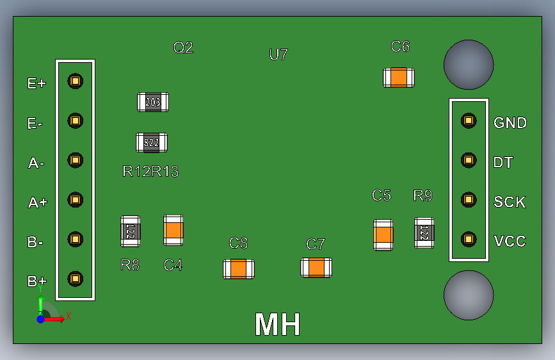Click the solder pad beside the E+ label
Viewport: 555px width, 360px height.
coord(76,81)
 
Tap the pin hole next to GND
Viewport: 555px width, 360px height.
coord(469,120)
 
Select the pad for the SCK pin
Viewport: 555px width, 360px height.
coord(469,199)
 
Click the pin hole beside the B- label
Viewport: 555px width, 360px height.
coord(76,239)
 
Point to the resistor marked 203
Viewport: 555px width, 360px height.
coord(153,102)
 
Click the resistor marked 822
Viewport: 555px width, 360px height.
coord(152,142)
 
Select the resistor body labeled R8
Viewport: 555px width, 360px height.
coord(130,231)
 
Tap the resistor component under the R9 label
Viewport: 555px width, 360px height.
coord(424,233)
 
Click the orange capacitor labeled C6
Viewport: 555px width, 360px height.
coord(399,78)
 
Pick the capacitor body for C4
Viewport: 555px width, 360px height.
coord(173,230)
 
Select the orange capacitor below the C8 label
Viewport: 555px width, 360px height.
coord(239,268)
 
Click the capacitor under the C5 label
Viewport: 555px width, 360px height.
coord(383,235)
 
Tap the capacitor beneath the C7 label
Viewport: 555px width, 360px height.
coord(316,267)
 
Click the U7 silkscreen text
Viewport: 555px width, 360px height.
coord(278,54)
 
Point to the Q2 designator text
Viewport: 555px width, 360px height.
coord(183,47)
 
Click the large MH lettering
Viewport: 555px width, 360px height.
coord(278,325)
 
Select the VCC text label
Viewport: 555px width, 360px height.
coord(510,241)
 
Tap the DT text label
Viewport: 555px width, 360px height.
coord(503,163)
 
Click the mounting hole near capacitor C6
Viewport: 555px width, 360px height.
coord(469,65)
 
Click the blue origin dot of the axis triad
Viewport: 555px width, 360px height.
coord(40,318)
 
